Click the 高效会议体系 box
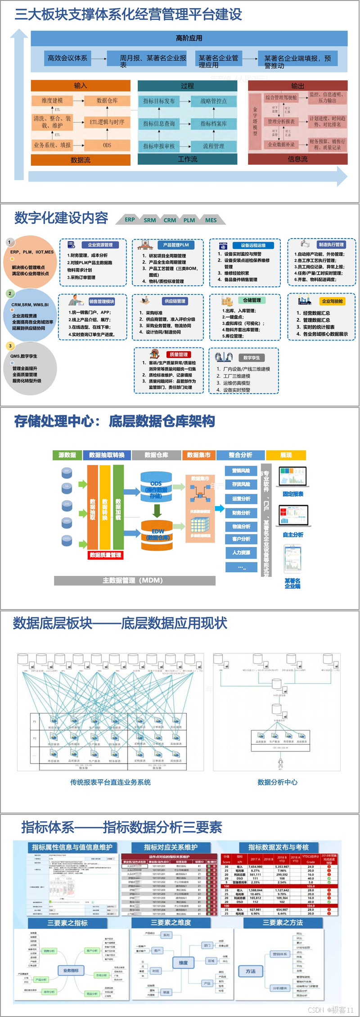[x=67, y=58]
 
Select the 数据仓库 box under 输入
[x=107, y=100]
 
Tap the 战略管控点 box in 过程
[x=214, y=101]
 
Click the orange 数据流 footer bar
[x=81, y=160]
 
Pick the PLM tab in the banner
[x=189, y=220]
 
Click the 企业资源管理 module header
[x=100, y=245]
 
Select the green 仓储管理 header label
[x=252, y=300]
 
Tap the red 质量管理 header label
[x=179, y=355]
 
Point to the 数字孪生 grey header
[x=252, y=357]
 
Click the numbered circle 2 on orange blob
[x=10, y=294]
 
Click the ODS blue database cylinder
[x=156, y=487]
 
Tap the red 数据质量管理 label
[x=105, y=555]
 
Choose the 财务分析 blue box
[x=241, y=513]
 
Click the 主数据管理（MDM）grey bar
[x=135, y=580]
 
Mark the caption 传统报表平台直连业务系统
[x=110, y=782]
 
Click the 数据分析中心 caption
[x=277, y=782]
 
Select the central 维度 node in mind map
[x=183, y=963]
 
